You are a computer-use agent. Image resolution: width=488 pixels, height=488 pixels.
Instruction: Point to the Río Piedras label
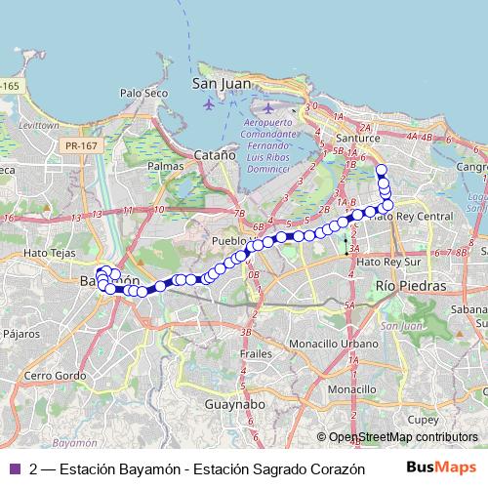pyautogui.click(x=410, y=286)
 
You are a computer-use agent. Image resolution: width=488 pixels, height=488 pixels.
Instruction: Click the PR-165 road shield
pyautogui.click(x=9, y=86)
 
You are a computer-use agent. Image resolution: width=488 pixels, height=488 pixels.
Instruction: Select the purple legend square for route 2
pyautogui.click(x=13, y=467)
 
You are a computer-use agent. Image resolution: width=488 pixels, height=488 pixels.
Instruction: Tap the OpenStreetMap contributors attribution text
pyautogui.click(x=403, y=437)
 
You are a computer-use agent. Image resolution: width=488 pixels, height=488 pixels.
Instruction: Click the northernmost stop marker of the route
pyautogui.click(x=382, y=170)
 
